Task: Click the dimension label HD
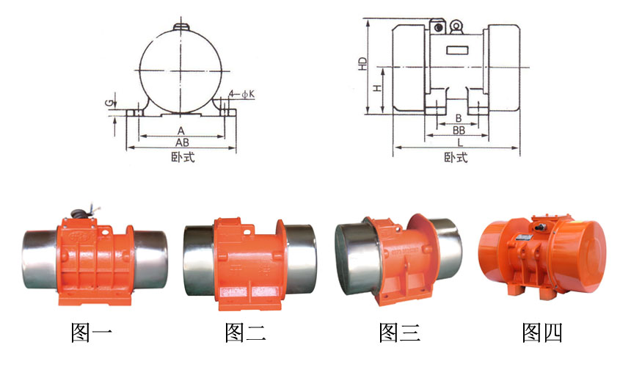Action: tap(362, 64)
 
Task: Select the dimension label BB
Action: tap(459, 130)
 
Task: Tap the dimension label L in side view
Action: tap(460, 142)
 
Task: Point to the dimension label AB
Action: tap(182, 142)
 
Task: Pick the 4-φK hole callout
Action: tap(243, 94)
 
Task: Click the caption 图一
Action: tap(91, 332)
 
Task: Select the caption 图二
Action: tap(246, 332)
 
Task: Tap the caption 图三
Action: tap(399, 332)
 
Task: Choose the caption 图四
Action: tap(542, 332)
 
